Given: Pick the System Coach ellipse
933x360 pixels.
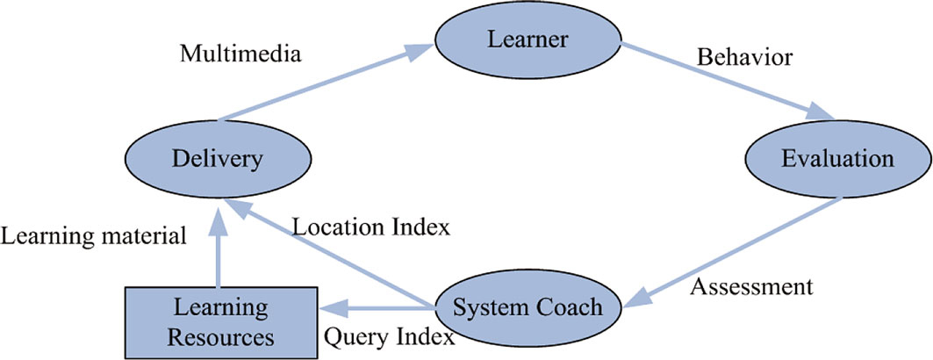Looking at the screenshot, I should tap(528, 307).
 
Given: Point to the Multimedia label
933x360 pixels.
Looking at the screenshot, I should tap(240, 54).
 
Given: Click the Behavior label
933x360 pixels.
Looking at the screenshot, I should tap(745, 58).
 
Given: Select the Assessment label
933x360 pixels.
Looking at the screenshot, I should tap(751, 286).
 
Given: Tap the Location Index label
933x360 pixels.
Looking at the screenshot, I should tap(370, 227).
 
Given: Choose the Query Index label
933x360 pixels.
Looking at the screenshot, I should tap(389, 336).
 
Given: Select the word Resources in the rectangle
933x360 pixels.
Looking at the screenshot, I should tap(221, 336).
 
